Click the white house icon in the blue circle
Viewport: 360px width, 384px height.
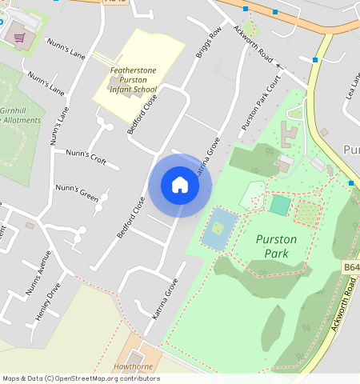tap(180, 185)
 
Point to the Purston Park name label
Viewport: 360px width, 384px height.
tap(276, 246)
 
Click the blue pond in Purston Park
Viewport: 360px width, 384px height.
tap(218, 229)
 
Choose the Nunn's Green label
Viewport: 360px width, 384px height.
tap(76, 193)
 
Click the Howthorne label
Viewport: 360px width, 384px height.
tap(133, 366)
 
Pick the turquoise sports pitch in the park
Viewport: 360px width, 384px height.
tap(280, 206)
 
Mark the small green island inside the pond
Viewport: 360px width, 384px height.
tap(218, 228)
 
